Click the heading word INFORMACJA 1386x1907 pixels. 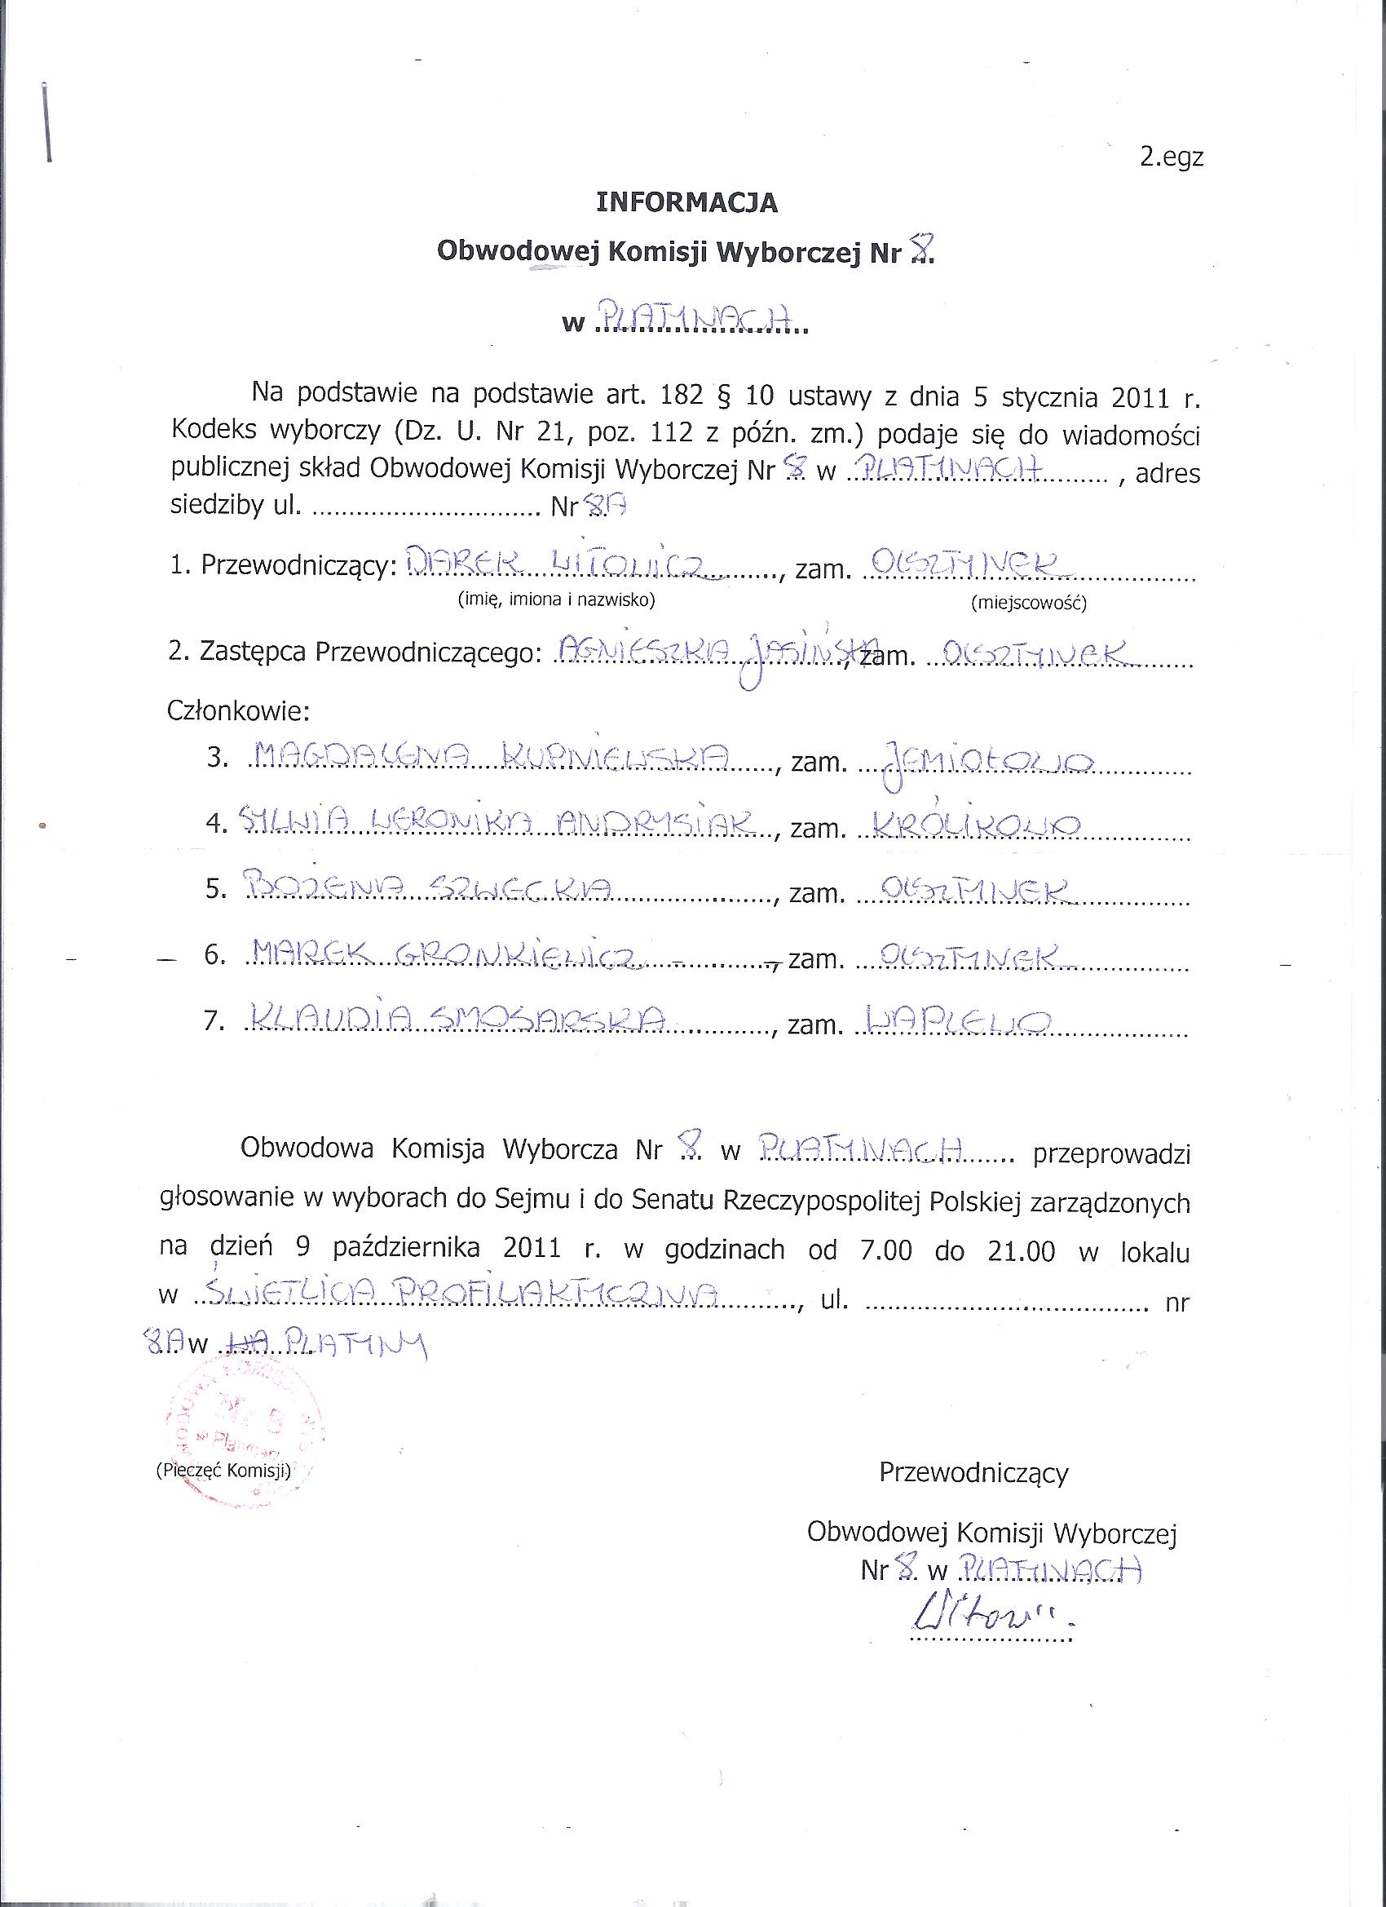[x=686, y=202]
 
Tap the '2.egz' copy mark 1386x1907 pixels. [x=1171, y=158]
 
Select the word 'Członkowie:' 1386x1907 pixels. [x=239, y=711]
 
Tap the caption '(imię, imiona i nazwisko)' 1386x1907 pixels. [x=555, y=600]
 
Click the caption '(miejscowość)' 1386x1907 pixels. [x=1028, y=603]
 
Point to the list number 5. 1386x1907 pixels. [x=216, y=891]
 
